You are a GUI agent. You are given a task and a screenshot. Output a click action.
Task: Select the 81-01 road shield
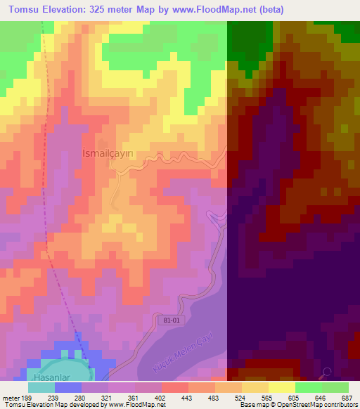[x=163, y=320]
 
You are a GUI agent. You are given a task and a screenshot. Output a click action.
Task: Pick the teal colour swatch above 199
[x=41, y=387]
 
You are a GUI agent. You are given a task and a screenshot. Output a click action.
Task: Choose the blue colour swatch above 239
[x=67, y=387]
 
